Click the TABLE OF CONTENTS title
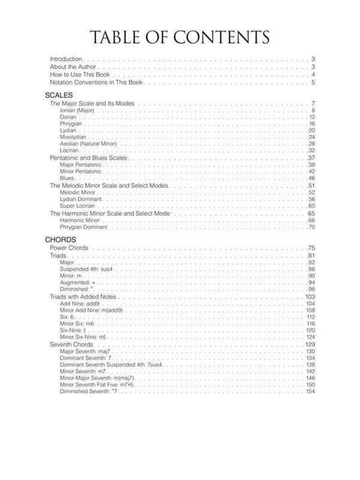tap(180, 37)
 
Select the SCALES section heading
tap(59, 95)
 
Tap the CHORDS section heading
tap(60, 239)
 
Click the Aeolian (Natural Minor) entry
tap(88, 144)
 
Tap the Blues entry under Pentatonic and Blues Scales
tap(68, 179)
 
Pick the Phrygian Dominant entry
tap(83, 227)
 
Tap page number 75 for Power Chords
tap(311, 248)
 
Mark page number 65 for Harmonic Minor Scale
tap(311, 214)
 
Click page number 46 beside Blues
tap(311, 179)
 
